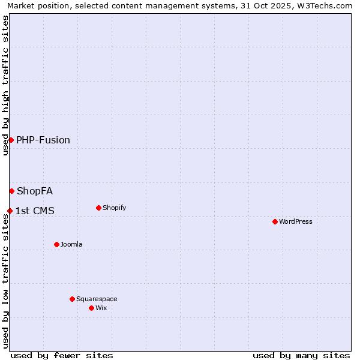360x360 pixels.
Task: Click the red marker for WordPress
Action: point(275,221)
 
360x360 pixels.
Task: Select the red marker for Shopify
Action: point(98,208)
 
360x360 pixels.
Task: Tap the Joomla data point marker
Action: point(56,244)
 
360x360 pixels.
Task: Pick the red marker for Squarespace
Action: point(72,299)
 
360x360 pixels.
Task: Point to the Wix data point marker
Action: point(91,308)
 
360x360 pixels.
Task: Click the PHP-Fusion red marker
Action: point(11,140)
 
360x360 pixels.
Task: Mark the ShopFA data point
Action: point(11,191)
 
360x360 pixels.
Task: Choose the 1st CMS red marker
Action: point(10,211)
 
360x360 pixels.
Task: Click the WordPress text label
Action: point(296,221)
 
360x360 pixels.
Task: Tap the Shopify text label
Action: point(114,208)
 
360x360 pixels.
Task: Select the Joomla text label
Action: point(71,244)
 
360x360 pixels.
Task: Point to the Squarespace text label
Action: point(97,299)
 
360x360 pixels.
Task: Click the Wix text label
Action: point(101,308)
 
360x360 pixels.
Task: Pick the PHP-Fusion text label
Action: point(43,140)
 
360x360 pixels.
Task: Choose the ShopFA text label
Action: point(35,191)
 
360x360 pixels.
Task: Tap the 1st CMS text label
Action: point(35,211)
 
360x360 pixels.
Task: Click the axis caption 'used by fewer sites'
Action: point(62,355)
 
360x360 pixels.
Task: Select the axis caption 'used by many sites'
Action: point(301,355)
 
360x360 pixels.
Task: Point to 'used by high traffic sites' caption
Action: point(5,85)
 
